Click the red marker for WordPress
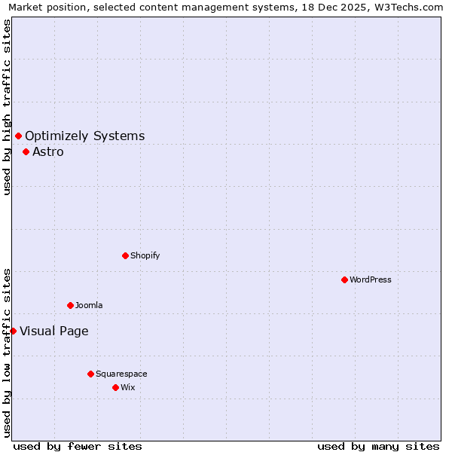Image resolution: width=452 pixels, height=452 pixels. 344,279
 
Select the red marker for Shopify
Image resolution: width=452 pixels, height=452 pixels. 125,255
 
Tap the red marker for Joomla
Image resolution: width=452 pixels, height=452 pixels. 70,305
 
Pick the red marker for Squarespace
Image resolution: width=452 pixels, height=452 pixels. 90,374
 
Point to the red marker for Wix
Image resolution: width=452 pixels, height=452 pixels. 115,387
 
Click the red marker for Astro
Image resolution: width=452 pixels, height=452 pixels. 26,151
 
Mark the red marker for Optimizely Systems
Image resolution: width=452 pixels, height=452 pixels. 18,136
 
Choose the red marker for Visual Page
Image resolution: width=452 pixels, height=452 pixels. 13,331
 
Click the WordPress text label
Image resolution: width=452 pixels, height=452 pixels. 371,279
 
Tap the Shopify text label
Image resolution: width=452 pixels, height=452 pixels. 145,255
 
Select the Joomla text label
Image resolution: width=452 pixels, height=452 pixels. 89,305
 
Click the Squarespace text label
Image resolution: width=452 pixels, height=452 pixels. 121,374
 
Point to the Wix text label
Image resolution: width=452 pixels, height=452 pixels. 128,387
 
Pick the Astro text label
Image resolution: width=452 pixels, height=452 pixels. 48,151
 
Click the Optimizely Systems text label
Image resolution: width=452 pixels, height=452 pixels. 85,136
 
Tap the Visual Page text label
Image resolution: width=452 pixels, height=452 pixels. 54,331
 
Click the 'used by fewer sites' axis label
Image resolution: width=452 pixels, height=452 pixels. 78,446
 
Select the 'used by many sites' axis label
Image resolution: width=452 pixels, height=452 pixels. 378,446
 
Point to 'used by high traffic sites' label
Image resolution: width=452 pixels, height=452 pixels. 7,107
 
